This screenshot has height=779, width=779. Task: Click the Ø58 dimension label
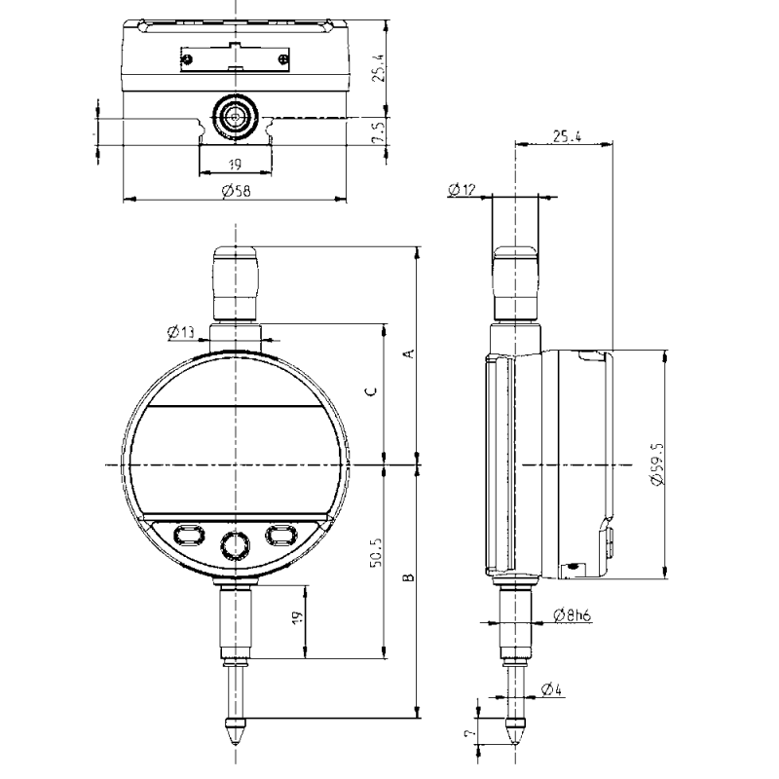(236, 191)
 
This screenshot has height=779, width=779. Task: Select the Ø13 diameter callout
(181, 333)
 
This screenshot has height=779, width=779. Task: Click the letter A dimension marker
(409, 353)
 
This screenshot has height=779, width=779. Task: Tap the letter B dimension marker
(409, 577)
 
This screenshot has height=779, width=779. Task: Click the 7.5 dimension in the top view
(379, 131)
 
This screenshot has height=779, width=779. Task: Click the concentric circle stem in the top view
(235, 115)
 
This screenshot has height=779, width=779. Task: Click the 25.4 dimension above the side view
(565, 137)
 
